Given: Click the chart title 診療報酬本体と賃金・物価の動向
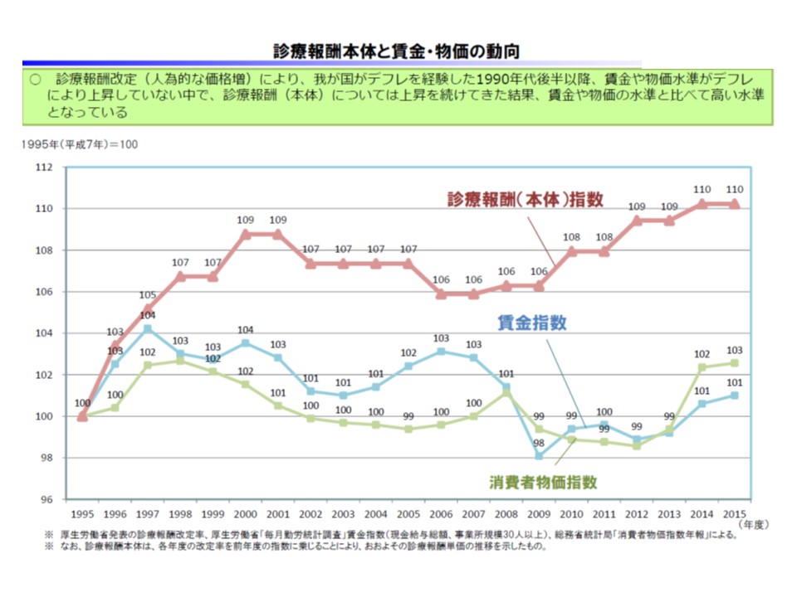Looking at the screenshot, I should click(x=398, y=51).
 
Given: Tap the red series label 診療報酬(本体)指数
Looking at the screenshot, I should click(x=525, y=200).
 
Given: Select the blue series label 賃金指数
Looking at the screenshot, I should click(x=532, y=323).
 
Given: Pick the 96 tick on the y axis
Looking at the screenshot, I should click(x=46, y=499).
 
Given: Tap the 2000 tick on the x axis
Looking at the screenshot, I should click(x=245, y=513).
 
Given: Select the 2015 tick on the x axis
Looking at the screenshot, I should click(x=734, y=513).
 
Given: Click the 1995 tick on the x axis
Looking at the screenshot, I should click(x=82, y=513).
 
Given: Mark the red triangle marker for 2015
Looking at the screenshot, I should click(x=734, y=203).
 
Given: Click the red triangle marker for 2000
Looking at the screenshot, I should click(x=245, y=234).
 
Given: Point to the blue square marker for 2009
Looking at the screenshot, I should click(x=539, y=456).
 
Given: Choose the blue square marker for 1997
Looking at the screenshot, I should click(x=147, y=328).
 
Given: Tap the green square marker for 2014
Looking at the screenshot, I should click(x=702, y=366).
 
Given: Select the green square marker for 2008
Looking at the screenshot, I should click(x=506, y=391).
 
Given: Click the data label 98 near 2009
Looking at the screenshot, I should click(x=539, y=442).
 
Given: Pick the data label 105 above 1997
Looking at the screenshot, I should click(x=147, y=295).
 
